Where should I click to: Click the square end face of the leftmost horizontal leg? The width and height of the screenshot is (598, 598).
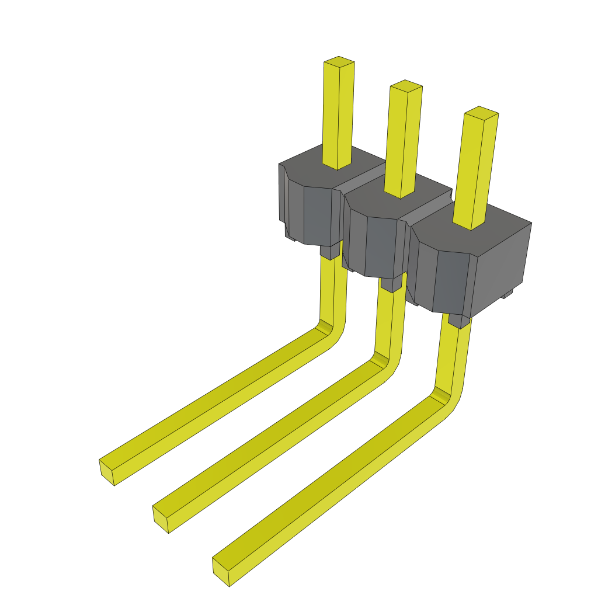[x=106, y=472]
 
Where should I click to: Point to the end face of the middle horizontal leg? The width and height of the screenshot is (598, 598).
[x=160, y=519]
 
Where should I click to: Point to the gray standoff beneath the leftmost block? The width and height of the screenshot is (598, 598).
[x=330, y=251]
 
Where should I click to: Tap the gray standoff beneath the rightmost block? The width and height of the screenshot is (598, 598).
[x=458, y=320]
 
